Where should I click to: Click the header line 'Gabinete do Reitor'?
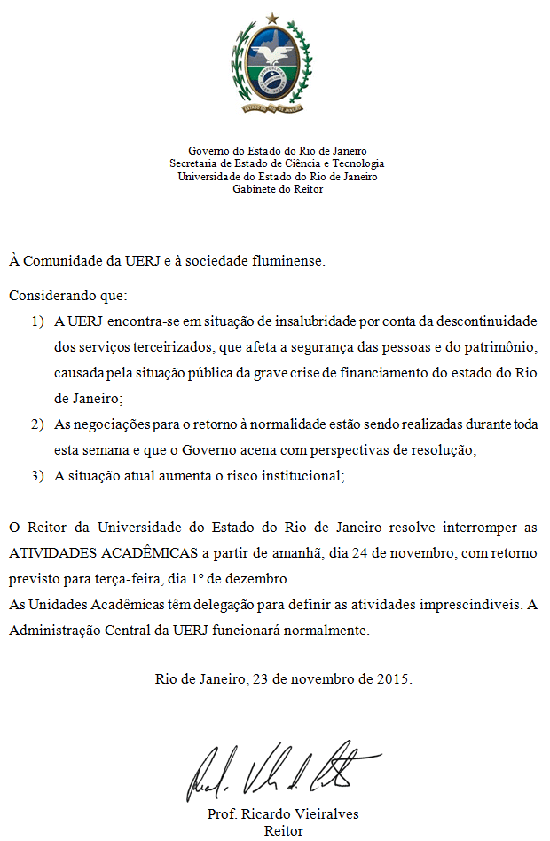(278, 188)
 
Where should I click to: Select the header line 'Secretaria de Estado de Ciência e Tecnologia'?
(277, 163)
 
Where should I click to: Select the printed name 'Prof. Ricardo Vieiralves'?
(283, 814)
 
